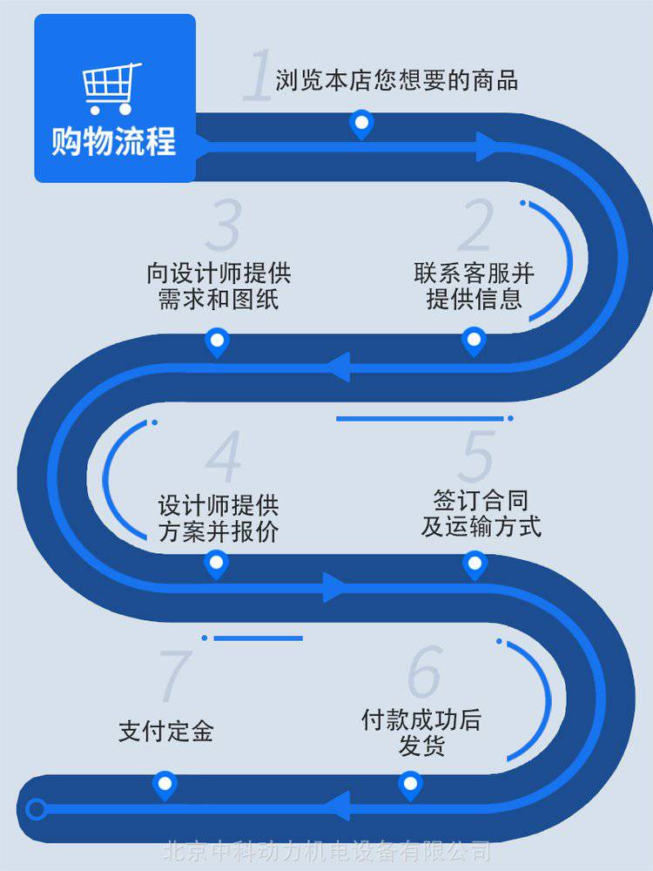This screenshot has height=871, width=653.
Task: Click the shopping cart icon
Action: (111, 87)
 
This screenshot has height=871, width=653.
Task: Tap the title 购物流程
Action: (113, 140)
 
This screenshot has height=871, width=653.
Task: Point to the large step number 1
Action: (257, 77)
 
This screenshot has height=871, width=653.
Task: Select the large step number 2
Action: (475, 226)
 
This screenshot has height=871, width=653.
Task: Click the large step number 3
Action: (224, 226)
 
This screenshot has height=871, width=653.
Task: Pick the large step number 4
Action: (224, 456)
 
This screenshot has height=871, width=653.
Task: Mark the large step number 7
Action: (174, 676)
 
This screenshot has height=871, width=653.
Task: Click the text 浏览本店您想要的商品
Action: (397, 81)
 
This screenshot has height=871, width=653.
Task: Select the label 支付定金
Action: (165, 731)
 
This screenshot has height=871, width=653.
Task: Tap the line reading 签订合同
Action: (481, 500)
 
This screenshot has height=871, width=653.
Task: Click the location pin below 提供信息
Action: (474, 341)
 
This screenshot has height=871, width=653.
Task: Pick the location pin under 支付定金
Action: (164, 785)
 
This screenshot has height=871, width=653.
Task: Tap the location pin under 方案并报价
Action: (216, 564)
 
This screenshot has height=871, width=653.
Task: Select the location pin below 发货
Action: (410, 785)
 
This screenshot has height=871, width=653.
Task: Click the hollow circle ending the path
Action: (36, 810)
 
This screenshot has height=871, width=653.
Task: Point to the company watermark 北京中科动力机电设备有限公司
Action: (327, 851)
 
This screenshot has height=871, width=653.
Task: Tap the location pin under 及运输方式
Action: (474, 565)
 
